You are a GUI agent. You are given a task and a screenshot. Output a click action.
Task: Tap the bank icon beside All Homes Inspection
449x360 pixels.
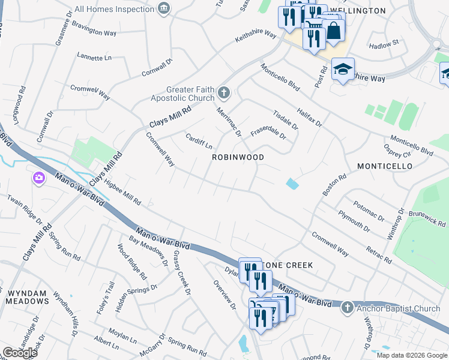[x=163, y=8]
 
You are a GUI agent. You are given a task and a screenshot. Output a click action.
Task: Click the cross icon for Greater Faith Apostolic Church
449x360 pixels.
[x=224, y=92]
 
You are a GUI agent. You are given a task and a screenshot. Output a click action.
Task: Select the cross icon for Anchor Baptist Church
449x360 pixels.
[x=346, y=308]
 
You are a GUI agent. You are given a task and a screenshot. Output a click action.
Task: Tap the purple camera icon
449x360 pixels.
[x=39, y=178]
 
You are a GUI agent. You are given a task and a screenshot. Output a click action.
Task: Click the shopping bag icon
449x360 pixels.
[x=333, y=31]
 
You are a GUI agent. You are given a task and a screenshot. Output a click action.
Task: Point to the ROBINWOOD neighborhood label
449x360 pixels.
[x=238, y=157]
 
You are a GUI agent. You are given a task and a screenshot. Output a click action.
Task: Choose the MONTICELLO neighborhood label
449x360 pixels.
[x=384, y=166]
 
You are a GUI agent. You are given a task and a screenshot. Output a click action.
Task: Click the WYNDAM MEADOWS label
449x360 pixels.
[x=27, y=297]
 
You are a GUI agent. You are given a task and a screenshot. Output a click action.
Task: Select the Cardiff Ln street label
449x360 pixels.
[x=199, y=142]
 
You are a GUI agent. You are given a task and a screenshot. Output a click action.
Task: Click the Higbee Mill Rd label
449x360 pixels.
[x=122, y=190]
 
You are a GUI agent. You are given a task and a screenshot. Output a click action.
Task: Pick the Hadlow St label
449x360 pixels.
[x=384, y=44]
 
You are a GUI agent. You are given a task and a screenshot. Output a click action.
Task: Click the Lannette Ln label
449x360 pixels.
[x=94, y=57]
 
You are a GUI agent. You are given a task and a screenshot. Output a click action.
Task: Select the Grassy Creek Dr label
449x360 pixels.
[x=181, y=273]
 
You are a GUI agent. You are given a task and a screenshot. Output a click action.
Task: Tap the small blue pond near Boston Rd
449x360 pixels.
[x=292, y=184]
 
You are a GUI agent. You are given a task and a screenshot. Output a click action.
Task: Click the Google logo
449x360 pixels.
[x=20, y=353]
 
